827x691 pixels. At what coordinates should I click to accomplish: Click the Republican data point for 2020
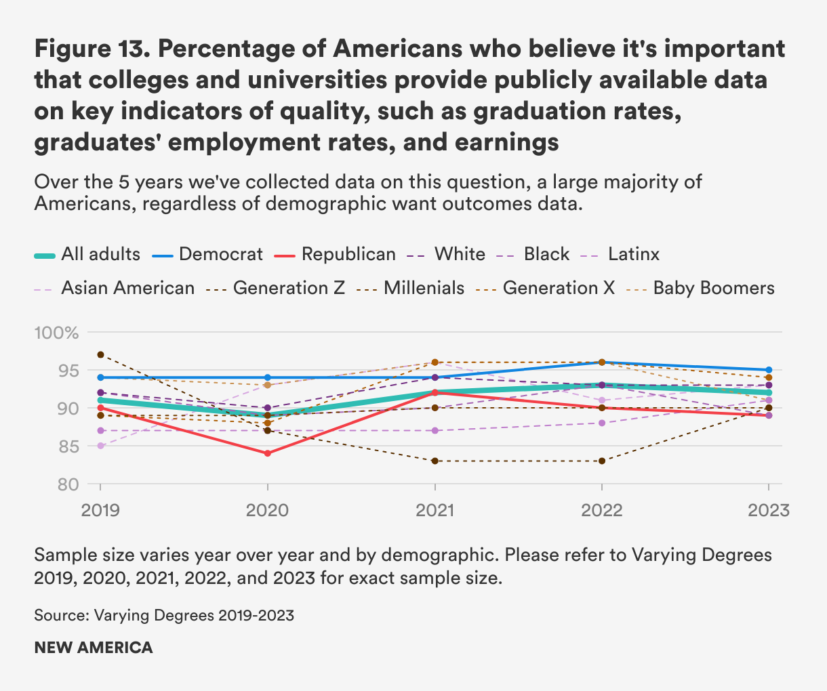(268, 453)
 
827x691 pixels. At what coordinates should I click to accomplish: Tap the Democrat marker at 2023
(769, 370)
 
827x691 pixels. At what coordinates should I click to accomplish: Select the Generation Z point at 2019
(100, 354)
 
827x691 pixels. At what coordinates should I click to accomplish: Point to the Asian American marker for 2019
(100, 446)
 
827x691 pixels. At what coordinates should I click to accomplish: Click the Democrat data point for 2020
(268, 377)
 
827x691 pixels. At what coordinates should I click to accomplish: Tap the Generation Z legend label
(289, 288)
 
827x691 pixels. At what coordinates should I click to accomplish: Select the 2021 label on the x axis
(435, 510)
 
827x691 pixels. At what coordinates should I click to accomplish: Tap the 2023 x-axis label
(769, 510)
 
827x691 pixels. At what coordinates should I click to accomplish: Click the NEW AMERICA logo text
(94, 647)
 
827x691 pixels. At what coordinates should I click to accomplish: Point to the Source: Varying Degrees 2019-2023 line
(164, 615)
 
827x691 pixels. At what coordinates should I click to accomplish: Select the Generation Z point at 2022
(601, 461)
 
